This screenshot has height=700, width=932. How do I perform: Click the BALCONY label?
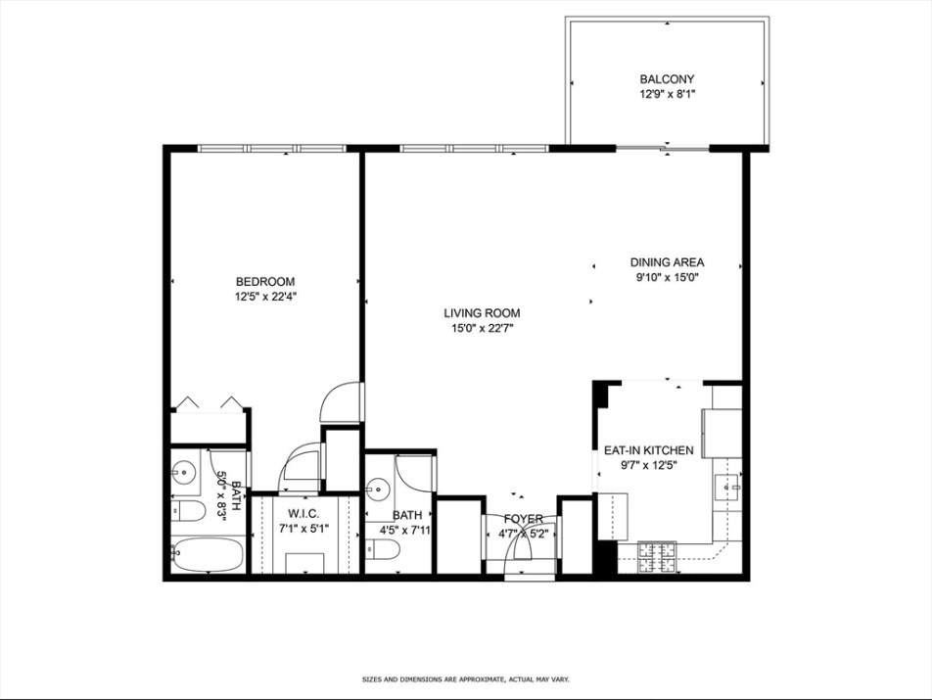[667, 79]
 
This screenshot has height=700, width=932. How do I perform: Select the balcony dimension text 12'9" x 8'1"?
[667, 95]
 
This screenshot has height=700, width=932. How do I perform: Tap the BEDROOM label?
[264, 282]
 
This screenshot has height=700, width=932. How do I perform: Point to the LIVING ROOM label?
[482, 313]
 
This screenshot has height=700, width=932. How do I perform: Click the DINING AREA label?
[667, 262]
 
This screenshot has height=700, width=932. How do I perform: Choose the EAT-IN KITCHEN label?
[648, 450]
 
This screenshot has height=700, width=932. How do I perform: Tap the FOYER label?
[523, 519]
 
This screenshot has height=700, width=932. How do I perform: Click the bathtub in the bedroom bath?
[207, 556]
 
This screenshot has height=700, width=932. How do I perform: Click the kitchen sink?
[726, 487]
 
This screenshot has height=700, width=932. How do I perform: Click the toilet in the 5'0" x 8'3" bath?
[186, 511]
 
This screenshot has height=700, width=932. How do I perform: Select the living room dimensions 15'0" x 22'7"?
[482, 329]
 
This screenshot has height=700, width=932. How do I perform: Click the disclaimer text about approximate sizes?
[465, 678]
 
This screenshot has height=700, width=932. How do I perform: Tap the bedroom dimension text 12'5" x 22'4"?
[264, 297]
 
